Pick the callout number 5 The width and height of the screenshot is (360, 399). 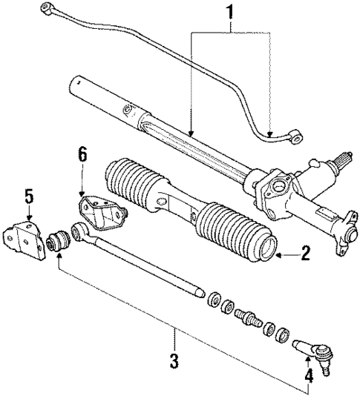(28, 197)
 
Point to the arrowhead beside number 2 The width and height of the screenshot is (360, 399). (278, 256)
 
